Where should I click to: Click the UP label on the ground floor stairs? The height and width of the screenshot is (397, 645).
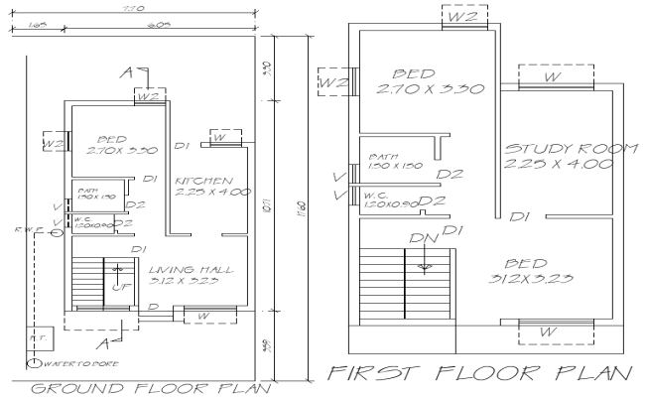pos(118,288)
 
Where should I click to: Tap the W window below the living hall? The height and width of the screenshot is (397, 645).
pos(202,317)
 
